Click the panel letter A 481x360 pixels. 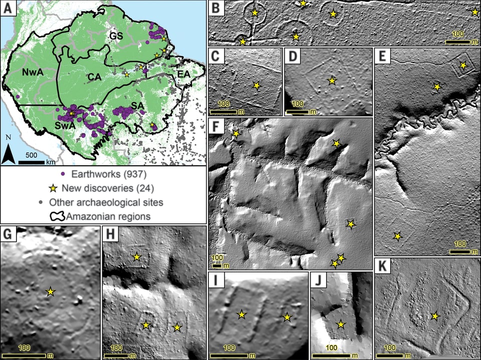point(9,9)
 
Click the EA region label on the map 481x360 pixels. point(184,74)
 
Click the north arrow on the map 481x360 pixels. point(9,152)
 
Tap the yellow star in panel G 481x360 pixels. point(50,291)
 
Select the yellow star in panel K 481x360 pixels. point(435,316)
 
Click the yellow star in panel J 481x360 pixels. point(341,324)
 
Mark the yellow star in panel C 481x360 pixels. point(257,86)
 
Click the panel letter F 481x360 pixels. point(216,126)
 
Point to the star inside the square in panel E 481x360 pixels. point(463,66)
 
